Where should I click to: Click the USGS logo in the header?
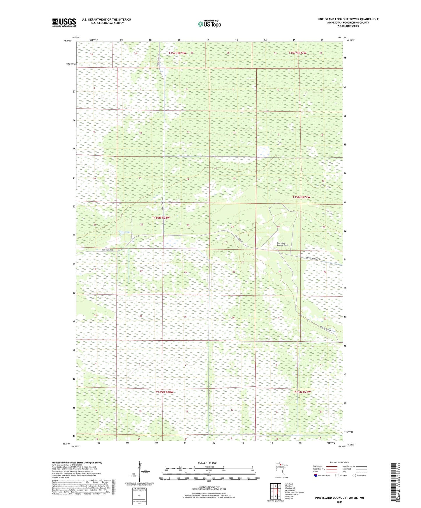(x=64, y=22)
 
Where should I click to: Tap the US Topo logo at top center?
(x=209, y=24)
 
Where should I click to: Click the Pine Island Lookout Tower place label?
(x=281, y=244)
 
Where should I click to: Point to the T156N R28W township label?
(x=161, y=217)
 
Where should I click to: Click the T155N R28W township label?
(x=164, y=392)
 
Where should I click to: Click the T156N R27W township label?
(x=301, y=197)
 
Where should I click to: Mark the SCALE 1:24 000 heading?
(x=207, y=463)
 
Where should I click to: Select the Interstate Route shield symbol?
(x=316, y=475)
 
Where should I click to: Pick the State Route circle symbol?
(x=354, y=475)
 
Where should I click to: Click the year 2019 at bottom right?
(x=339, y=502)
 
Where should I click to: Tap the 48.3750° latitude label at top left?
(x=67, y=41)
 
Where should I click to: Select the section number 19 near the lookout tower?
(x=278, y=227)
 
